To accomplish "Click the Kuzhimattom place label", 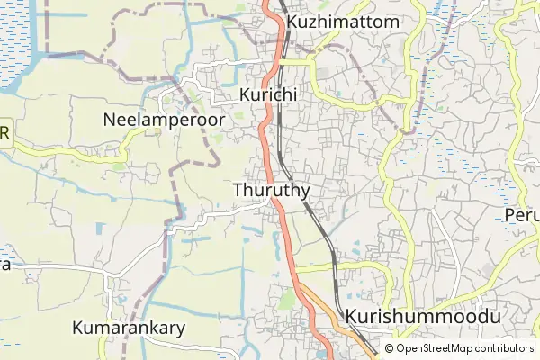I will [342, 21].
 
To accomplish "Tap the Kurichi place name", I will [268, 94].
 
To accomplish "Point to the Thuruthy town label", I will [271, 191].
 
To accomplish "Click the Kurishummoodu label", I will [421, 318].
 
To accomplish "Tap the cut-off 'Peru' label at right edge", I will [522, 217].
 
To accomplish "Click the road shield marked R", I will [4, 134].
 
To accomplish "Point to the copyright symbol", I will [390, 348].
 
